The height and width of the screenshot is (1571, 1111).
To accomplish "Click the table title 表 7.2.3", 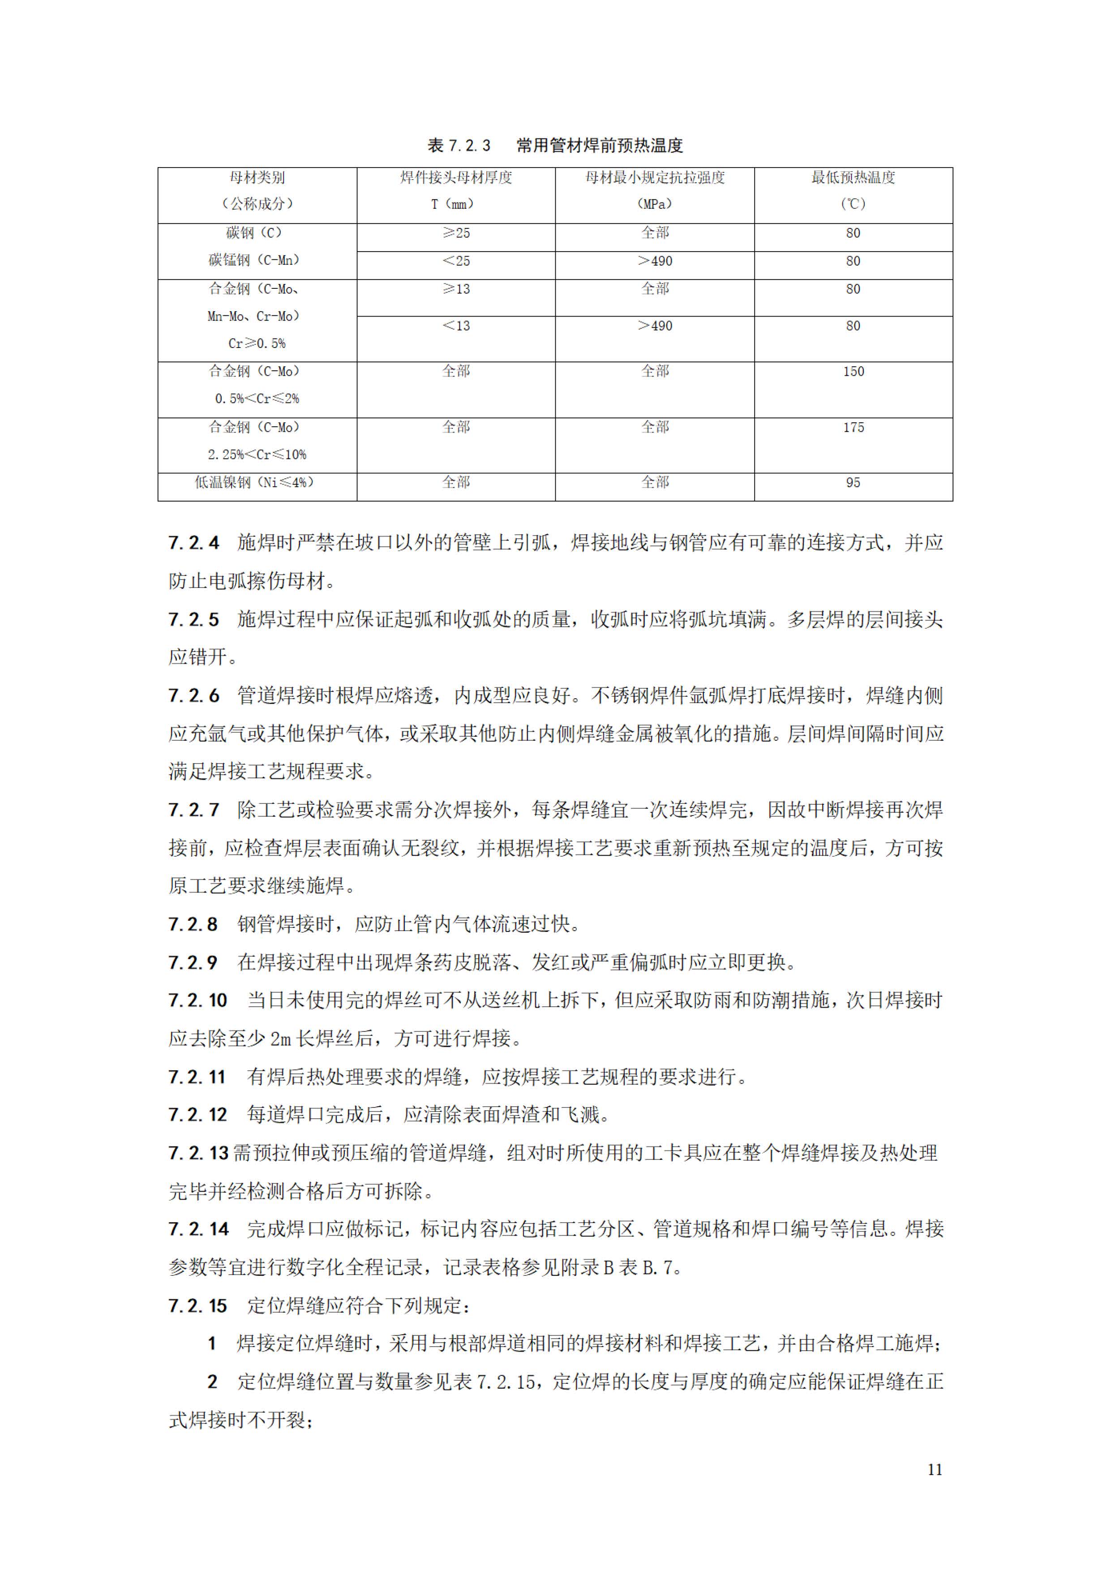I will click(459, 146).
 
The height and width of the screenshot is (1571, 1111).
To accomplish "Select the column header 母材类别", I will click(257, 178).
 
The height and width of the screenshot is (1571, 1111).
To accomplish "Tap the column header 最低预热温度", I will click(853, 178).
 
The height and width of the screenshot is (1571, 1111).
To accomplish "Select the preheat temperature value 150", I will click(853, 372).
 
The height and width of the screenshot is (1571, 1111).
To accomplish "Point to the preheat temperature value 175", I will click(853, 428).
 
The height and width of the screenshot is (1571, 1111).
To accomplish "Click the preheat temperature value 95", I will click(853, 483).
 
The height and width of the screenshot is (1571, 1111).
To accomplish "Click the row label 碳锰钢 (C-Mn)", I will click(254, 261).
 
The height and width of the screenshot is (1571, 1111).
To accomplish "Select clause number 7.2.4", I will click(193, 543).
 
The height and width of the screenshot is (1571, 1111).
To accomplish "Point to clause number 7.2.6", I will click(193, 696).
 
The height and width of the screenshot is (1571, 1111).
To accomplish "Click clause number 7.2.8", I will click(193, 924).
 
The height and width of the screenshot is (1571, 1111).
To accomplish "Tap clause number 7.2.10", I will click(198, 1000).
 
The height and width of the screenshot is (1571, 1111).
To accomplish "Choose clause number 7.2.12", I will click(198, 1115).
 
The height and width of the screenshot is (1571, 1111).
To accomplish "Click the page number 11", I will click(935, 1469).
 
